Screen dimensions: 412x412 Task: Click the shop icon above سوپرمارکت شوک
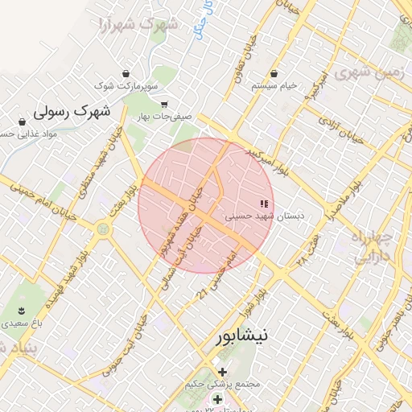(126, 73)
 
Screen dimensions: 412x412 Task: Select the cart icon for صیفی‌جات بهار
(164, 104)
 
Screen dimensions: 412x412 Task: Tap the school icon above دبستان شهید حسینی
(262, 203)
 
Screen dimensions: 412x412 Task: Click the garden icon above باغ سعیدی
(21, 310)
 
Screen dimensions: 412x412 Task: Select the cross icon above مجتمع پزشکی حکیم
(223, 372)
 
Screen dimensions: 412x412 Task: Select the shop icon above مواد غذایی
(22, 122)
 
